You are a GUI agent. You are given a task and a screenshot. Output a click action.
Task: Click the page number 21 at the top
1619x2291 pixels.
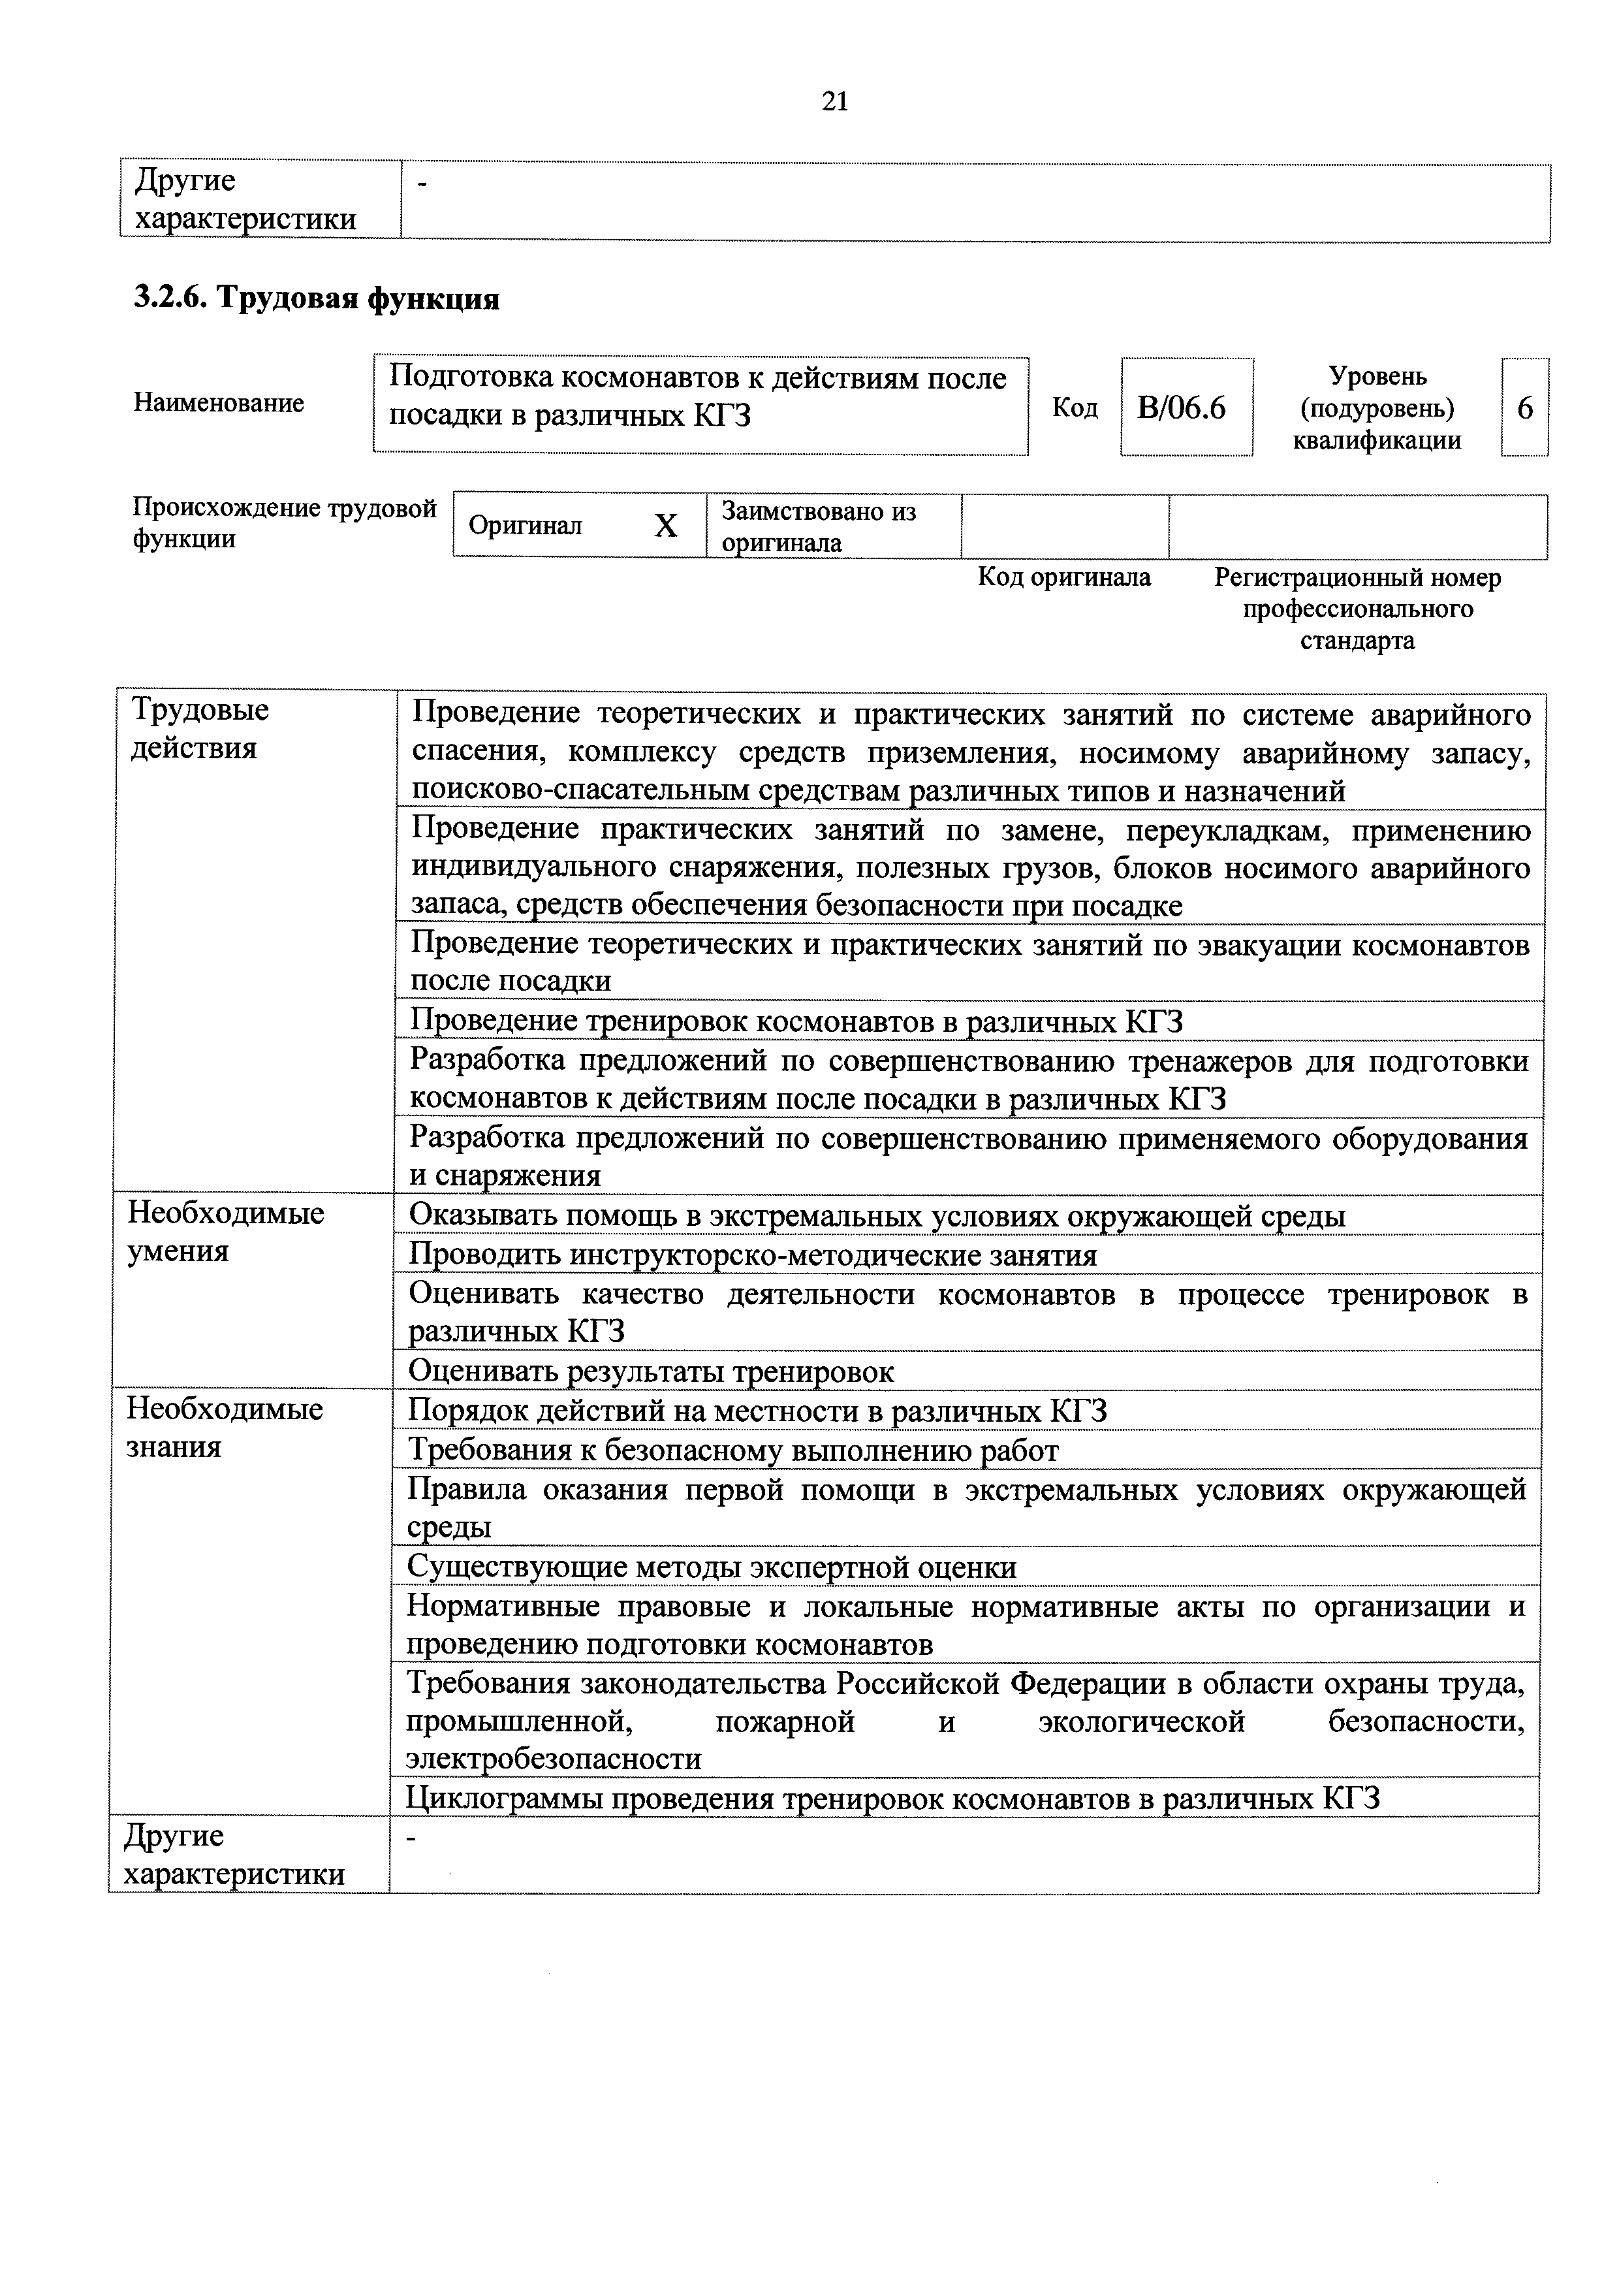coord(835,101)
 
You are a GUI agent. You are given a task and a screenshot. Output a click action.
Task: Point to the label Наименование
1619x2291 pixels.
coord(219,403)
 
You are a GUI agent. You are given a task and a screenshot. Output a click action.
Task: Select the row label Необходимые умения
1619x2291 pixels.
coord(225,1232)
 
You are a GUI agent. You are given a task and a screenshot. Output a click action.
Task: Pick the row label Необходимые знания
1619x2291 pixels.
coord(225,1428)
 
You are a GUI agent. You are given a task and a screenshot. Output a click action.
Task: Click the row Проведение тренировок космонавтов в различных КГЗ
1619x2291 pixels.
coord(796,1022)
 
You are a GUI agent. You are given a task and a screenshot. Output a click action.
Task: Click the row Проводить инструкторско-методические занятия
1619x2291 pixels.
coord(753,1255)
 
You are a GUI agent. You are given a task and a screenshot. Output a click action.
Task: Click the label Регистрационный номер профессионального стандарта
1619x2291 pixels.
coord(1357,609)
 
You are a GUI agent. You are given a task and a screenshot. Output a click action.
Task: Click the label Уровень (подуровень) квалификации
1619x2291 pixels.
coord(1377,408)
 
